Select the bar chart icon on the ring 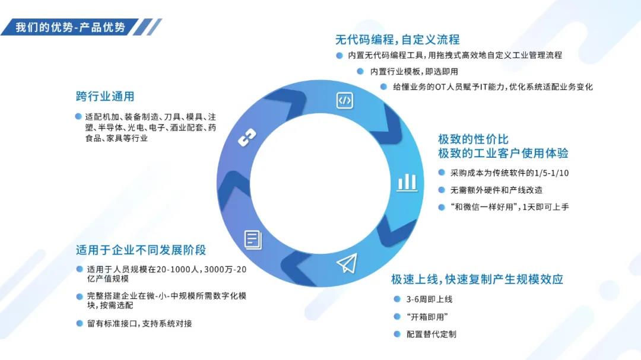pyautogui.click(x=407, y=181)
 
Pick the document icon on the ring pyautogui.click(x=252, y=239)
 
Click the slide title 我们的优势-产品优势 pyautogui.click(x=70, y=27)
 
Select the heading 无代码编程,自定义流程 pyautogui.click(x=397, y=40)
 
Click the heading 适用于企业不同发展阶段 pyautogui.click(x=141, y=250)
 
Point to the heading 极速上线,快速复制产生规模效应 pyautogui.click(x=477, y=279)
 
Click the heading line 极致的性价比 pyautogui.click(x=473, y=139)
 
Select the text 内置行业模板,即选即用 pyautogui.click(x=414, y=71)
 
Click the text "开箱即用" pyautogui.click(x=427, y=317)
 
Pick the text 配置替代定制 pyautogui.click(x=431, y=334)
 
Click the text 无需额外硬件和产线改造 pyautogui.click(x=496, y=190)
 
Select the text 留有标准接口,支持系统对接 pyautogui.click(x=139, y=323)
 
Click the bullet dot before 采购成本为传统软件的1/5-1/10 pyautogui.click(x=441, y=173)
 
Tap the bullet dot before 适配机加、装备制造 pyautogui.click(x=78, y=116)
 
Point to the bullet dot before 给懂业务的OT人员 pyautogui.click(x=384, y=87)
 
